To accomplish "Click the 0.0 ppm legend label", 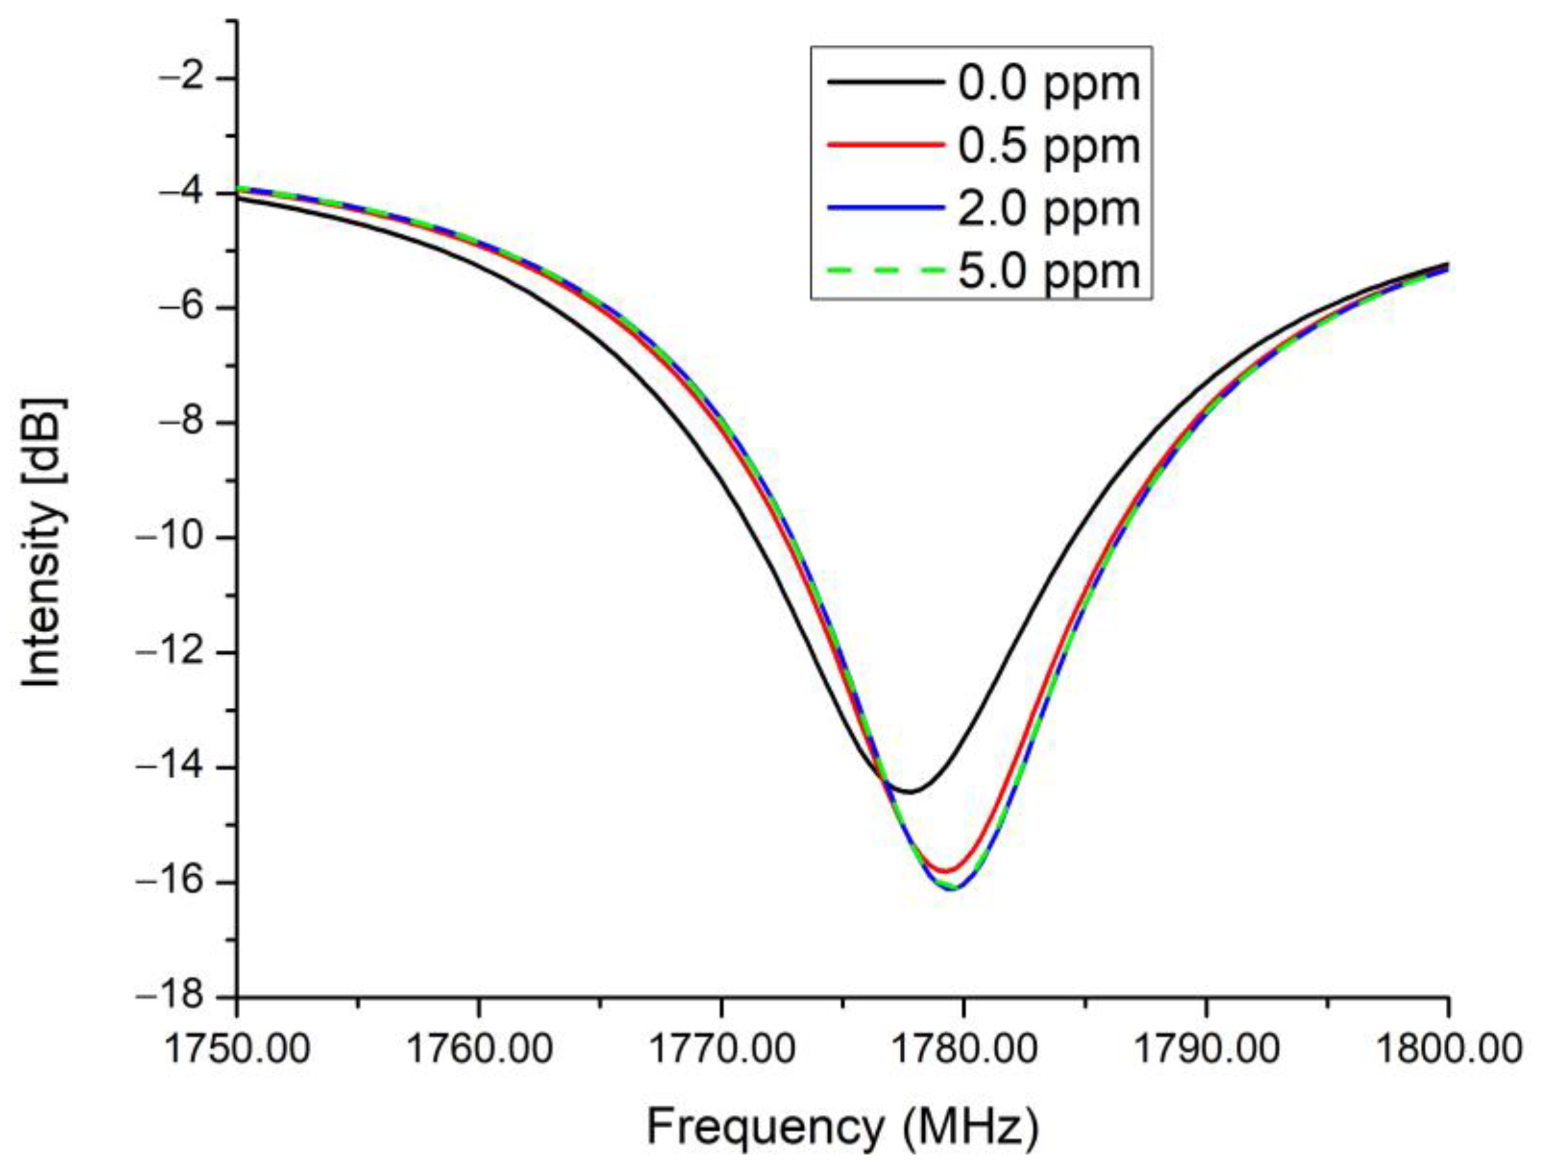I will (1048, 84).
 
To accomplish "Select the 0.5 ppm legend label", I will (1048, 147).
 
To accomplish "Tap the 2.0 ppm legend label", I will (1048, 209).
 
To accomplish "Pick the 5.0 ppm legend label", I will (1048, 271).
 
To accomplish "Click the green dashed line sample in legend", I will (885, 270).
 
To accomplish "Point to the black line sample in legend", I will (885, 83).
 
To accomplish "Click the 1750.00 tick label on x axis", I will (237, 1049).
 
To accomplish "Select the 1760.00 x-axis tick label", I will (479, 1049).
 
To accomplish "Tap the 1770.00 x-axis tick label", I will (721, 1049).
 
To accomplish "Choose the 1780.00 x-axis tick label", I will (964, 1049).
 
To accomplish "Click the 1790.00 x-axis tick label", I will (1206, 1049).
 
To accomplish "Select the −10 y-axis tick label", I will (179, 538).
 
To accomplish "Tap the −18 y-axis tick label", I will (179, 998).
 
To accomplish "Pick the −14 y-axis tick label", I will (179, 768).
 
